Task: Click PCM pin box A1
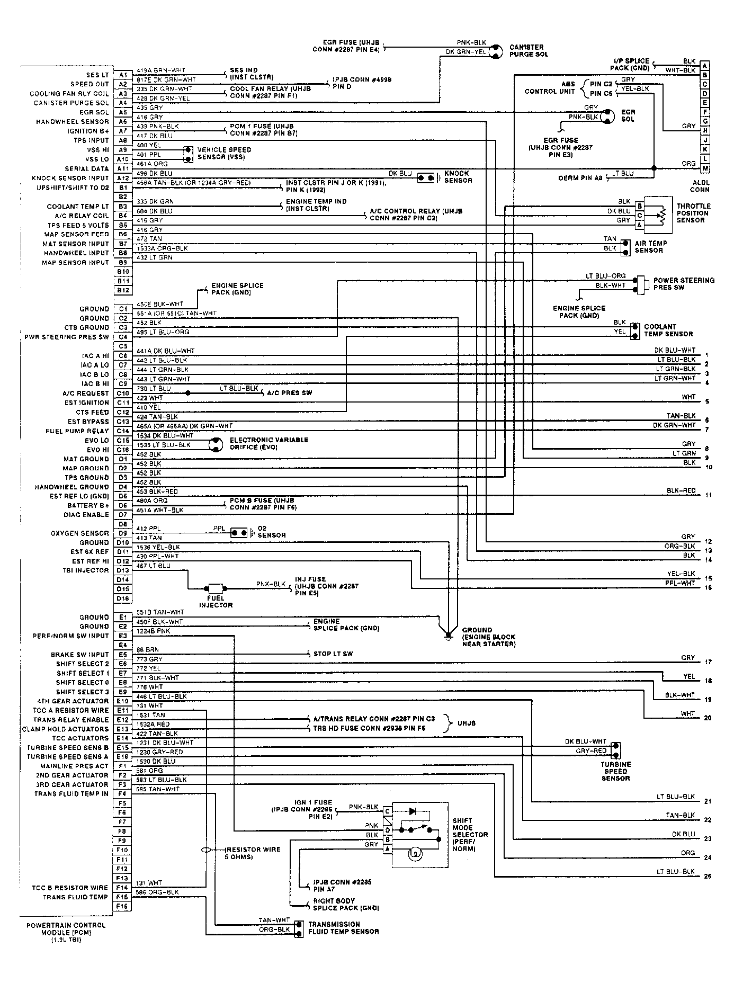click(x=122, y=75)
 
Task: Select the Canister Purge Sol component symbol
click(x=495, y=50)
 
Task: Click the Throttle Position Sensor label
click(x=693, y=213)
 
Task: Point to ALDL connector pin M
click(x=704, y=168)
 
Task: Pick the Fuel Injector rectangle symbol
click(x=216, y=588)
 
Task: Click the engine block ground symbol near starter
click(x=449, y=635)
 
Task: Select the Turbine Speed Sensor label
click(x=615, y=771)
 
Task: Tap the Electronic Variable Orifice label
click(x=268, y=444)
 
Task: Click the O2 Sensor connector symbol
click(x=239, y=532)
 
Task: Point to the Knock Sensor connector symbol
click(x=425, y=177)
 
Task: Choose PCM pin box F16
click(x=122, y=906)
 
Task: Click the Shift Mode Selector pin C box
click(x=388, y=811)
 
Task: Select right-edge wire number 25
click(x=708, y=876)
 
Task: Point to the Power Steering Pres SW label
click(x=684, y=284)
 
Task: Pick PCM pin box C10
click(x=122, y=394)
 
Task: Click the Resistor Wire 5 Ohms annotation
click(x=253, y=853)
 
